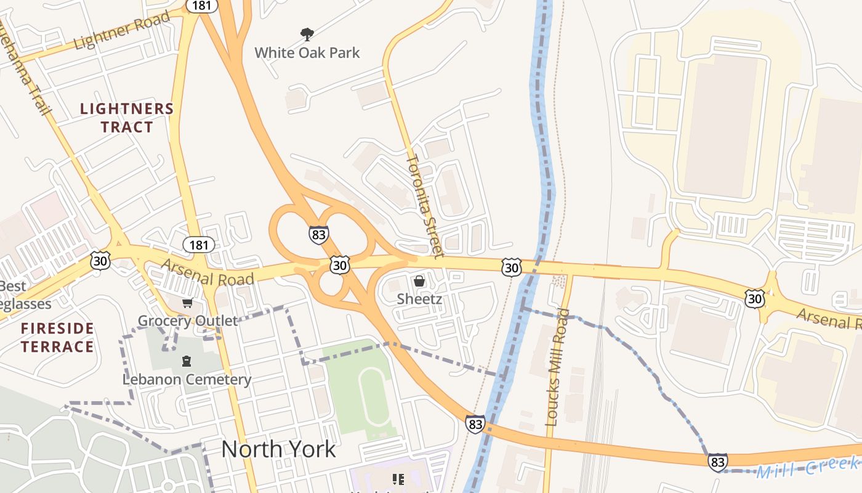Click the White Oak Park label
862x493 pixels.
click(x=307, y=52)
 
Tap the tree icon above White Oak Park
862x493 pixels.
click(x=307, y=34)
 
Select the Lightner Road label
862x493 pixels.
click(x=121, y=31)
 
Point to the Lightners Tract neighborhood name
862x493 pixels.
click(x=127, y=118)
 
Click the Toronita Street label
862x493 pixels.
click(x=424, y=206)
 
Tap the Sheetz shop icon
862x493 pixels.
click(x=419, y=282)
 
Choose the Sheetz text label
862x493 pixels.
click(x=419, y=299)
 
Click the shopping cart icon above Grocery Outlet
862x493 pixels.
click(x=187, y=303)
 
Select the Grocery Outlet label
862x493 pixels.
click(x=187, y=320)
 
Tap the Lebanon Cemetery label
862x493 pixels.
click(x=187, y=379)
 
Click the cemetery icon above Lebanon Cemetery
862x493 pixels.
click(x=186, y=361)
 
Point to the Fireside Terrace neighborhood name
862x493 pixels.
click(x=57, y=337)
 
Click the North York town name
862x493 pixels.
click(x=278, y=449)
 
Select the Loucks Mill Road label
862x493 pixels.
click(x=558, y=367)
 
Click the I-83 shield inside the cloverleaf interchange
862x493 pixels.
click(x=318, y=235)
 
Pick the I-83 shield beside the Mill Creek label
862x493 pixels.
click(x=717, y=462)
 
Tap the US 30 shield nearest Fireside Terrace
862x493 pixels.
click(x=100, y=261)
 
